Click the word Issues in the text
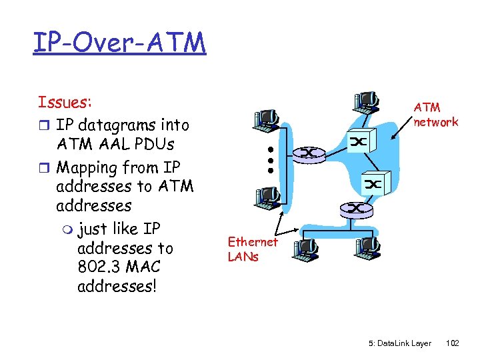(x=64, y=102)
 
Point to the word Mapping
(x=88, y=167)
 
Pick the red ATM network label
(x=435, y=115)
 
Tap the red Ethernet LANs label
(x=252, y=249)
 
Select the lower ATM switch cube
(x=373, y=183)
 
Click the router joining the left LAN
(x=309, y=153)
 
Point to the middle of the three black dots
(x=271, y=160)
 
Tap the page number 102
(x=452, y=343)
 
